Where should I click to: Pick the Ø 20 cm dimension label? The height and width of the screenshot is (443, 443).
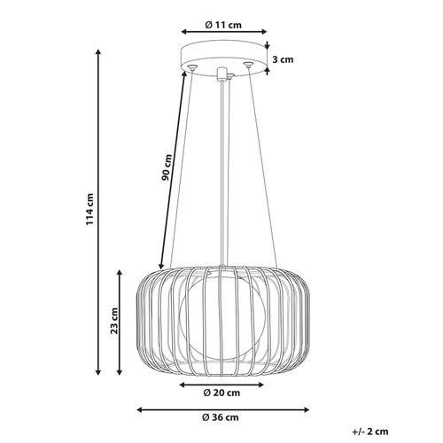221,393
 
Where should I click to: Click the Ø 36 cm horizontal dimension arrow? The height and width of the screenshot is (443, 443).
221,409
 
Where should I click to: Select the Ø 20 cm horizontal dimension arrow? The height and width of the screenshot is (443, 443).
221,384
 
